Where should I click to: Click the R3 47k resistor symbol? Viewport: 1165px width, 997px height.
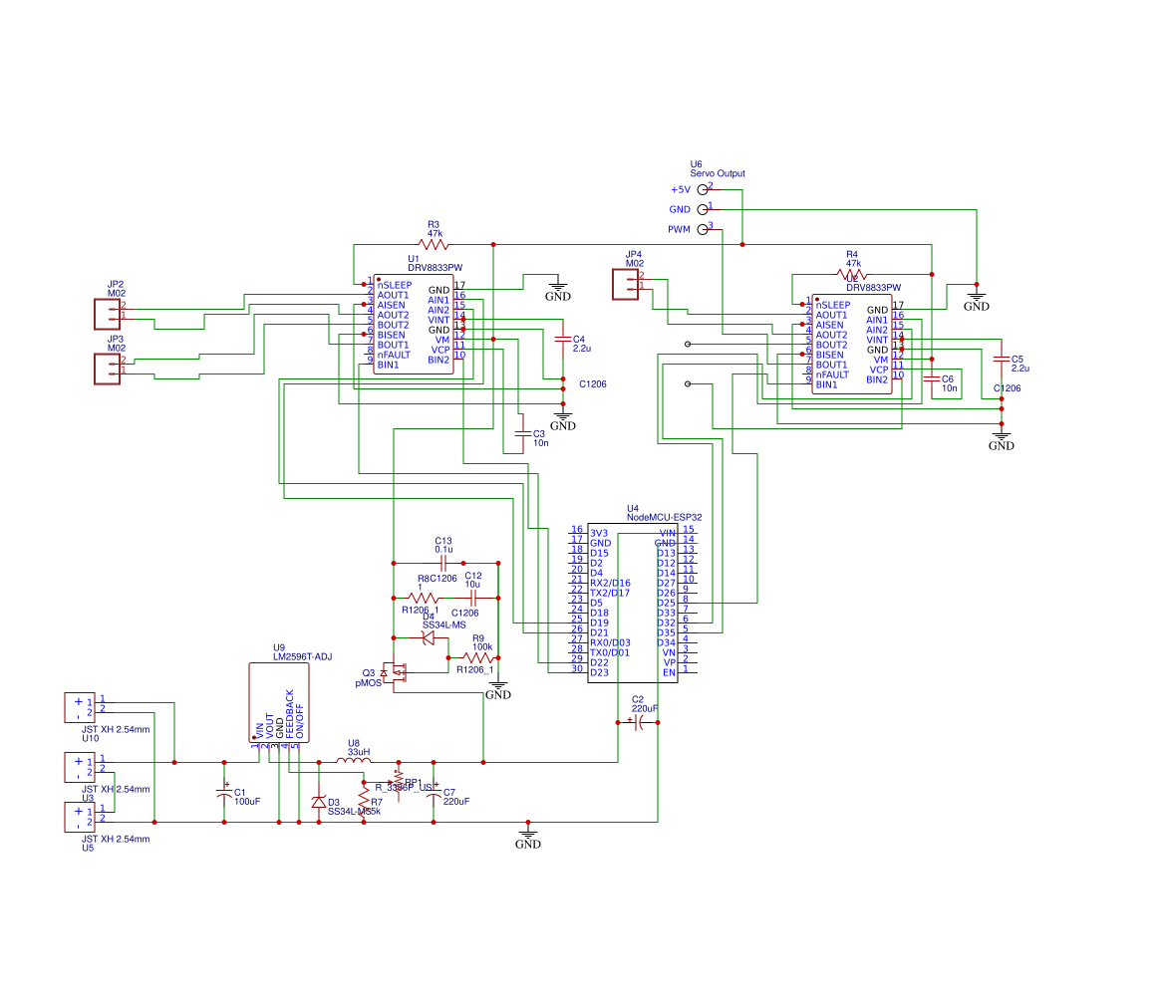coord(434,244)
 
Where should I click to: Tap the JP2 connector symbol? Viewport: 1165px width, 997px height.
coord(108,314)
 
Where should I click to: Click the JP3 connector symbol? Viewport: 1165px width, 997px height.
coord(108,369)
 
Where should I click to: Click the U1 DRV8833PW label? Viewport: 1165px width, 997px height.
coord(436,268)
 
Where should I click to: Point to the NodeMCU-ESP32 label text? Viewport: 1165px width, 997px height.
coord(664,517)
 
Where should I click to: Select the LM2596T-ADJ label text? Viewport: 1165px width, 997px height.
coord(303,656)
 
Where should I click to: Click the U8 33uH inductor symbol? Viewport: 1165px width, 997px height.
coord(353,762)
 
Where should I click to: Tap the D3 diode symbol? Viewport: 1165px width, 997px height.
coord(319,802)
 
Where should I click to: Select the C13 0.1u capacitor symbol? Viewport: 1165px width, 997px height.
coord(444,563)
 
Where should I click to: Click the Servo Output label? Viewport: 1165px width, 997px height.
coord(717,173)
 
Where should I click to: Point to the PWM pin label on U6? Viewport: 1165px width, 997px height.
coord(679,230)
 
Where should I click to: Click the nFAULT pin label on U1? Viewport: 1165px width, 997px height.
coord(394,355)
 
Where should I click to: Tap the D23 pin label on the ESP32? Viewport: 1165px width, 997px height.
coord(599,672)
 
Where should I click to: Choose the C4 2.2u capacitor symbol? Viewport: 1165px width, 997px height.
coord(563,340)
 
